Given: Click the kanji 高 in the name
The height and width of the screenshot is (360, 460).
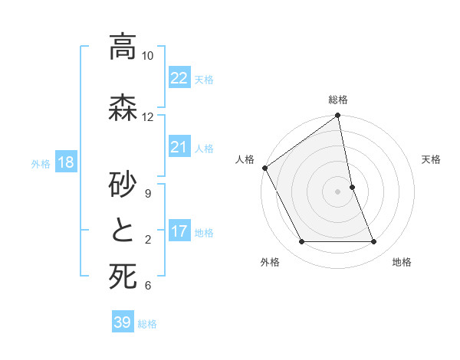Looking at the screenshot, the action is tap(123, 47).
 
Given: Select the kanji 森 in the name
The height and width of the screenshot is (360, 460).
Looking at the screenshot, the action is tap(123, 109).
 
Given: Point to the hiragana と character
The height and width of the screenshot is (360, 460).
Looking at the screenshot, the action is tap(123, 231).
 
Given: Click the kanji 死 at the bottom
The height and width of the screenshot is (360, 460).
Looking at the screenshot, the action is tap(123, 277).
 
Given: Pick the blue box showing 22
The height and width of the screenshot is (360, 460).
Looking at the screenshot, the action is tap(179, 78).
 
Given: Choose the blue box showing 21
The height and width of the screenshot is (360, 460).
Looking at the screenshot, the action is tap(179, 147).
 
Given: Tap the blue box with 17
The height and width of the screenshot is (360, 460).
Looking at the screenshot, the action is tap(179, 232).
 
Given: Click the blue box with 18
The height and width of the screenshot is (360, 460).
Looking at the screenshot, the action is tap(65, 162).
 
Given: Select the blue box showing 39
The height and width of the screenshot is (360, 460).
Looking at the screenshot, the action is tap(123, 322).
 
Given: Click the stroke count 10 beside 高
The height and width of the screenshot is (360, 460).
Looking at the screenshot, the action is tap(148, 56).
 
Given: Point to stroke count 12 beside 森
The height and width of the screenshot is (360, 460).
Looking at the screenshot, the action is tap(148, 116).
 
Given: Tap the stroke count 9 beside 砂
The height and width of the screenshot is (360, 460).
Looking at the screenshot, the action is tap(147, 193).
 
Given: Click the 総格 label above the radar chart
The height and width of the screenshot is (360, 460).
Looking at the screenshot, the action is tap(338, 100).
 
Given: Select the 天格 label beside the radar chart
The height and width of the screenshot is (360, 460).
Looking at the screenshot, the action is tap(431, 159).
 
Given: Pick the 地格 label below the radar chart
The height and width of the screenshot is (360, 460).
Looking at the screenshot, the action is tap(402, 262).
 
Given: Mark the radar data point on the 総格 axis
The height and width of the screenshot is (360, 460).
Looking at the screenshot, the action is tap(338, 116).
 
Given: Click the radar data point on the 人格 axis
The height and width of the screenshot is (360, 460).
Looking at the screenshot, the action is tap(265, 168).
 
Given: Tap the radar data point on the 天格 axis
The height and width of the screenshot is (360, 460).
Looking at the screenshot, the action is tap(352, 187).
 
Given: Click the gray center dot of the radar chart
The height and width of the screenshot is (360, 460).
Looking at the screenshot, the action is tap(338, 191).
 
